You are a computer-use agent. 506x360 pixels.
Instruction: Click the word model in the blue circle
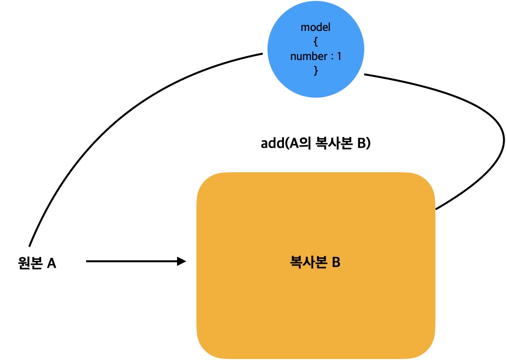[315, 28]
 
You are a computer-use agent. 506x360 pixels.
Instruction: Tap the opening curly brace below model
[316, 42]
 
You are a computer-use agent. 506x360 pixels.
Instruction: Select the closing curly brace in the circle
[316, 71]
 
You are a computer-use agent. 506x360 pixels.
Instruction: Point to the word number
[309, 57]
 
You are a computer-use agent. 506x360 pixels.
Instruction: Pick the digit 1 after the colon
[339, 57]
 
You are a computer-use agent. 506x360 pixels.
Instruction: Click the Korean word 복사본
[308, 263]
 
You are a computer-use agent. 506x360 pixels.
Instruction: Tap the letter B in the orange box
[336, 263]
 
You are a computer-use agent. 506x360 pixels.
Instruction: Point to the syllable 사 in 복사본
[308, 263]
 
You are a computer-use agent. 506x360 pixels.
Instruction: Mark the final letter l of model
[329, 28]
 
